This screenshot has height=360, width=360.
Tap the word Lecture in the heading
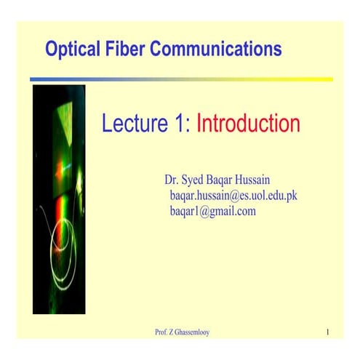pyautogui.click(x=134, y=124)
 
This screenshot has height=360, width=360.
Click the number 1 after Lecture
pyautogui.click(x=182, y=124)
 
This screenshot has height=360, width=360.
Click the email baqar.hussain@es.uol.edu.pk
pyautogui.click(x=233, y=196)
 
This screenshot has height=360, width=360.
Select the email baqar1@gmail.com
pyautogui.click(x=212, y=212)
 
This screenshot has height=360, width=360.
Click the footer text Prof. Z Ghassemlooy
pyautogui.click(x=183, y=333)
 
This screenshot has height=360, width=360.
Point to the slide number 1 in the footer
pyautogui.click(x=328, y=333)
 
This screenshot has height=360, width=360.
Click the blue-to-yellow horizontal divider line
pyautogui.click(x=181, y=79)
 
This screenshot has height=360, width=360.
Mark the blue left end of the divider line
pyautogui.click(x=36, y=79)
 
